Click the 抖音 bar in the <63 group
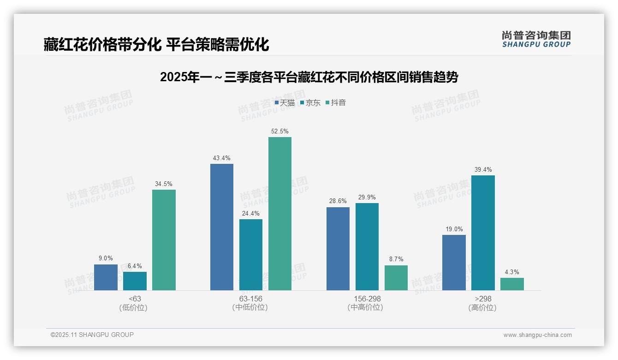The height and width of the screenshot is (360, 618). pyautogui.click(x=164, y=240)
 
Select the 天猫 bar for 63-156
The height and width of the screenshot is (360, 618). pyautogui.click(x=222, y=227)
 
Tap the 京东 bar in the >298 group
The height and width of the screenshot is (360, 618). pyautogui.click(x=483, y=233)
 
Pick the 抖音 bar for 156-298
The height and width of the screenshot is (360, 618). pyautogui.click(x=396, y=278)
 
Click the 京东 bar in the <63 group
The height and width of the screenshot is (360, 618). pyautogui.click(x=135, y=281)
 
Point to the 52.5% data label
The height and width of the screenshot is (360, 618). pyautogui.click(x=280, y=132)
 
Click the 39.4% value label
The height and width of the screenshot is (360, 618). pyautogui.click(x=483, y=170)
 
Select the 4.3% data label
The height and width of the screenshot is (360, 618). pyautogui.click(x=512, y=272)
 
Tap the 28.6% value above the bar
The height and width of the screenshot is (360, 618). pyautogui.click(x=338, y=202)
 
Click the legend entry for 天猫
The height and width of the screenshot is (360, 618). pyautogui.click(x=285, y=103)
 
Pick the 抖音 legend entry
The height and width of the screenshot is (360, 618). pyautogui.click(x=336, y=103)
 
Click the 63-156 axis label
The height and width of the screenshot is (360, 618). pyautogui.click(x=250, y=299)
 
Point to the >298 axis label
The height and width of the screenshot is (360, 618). pyautogui.click(x=483, y=299)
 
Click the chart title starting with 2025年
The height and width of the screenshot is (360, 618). pyautogui.click(x=309, y=77)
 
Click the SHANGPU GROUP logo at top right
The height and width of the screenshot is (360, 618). pyautogui.click(x=536, y=39)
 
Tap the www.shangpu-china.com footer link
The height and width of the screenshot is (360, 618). pyautogui.click(x=537, y=335)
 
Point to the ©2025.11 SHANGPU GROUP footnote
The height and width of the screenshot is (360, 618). pyautogui.click(x=92, y=335)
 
